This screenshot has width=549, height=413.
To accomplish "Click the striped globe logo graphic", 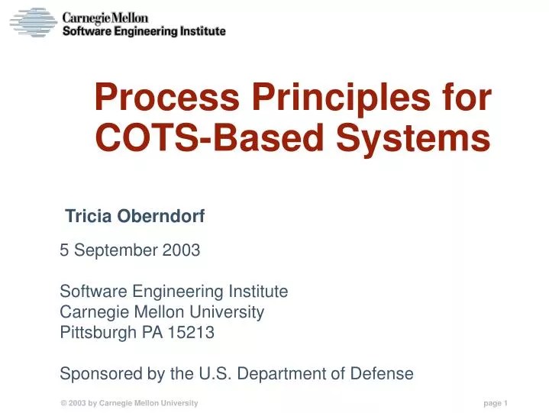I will (x=32, y=23).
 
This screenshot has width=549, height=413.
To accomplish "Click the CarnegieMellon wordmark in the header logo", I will (x=105, y=17).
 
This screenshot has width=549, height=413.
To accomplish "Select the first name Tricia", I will (x=89, y=217).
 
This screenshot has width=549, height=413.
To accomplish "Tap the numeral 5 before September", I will (x=64, y=250).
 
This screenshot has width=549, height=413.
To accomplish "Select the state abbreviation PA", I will (x=153, y=332).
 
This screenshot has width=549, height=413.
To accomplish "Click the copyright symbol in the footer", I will (x=64, y=403).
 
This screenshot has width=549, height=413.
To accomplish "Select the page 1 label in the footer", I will (x=496, y=403).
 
